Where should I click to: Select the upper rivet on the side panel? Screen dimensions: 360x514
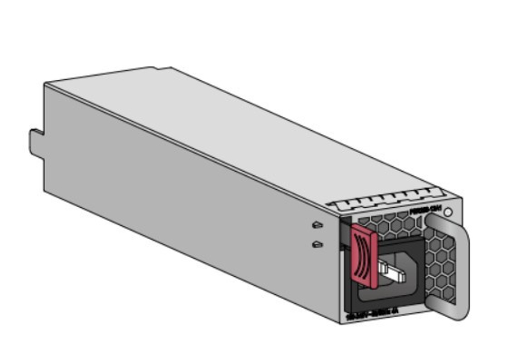pyautogui.click(x=317, y=225)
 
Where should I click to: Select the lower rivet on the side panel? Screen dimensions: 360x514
pyautogui.click(x=317, y=244)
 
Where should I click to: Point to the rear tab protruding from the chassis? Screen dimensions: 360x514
pyautogui.click(x=35, y=142)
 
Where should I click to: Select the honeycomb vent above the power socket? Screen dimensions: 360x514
pyautogui.click(x=391, y=226)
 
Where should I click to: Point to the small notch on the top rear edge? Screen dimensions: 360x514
pyautogui.click(x=154, y=68)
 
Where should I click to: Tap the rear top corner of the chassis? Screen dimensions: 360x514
pyautogui.click(x=45, y=84)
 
